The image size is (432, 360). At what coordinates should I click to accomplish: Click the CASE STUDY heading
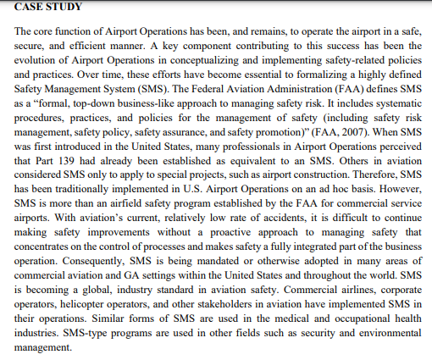pyautogui.click(x=48, y=7)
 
